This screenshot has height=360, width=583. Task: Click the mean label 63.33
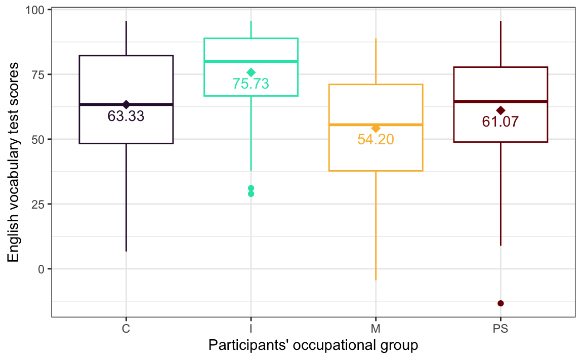(x=126, y=116)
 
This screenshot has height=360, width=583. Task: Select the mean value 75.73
(x=251, y=84)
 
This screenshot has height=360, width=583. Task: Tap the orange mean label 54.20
(x=376, y=140)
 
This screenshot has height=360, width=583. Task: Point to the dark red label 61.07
(x=501, y=122)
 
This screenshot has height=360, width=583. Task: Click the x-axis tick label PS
(x=501, y=329)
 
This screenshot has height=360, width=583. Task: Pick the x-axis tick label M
(x=376, y=329)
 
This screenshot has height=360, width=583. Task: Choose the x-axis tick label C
(x=126, y=329)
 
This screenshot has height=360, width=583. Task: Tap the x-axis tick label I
(x=251, y=329)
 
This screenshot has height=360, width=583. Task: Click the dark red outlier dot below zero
(x=501, y=303)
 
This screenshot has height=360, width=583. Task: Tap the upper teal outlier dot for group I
(x=251, y=188)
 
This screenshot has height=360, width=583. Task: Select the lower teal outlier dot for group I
(x=251, y=194)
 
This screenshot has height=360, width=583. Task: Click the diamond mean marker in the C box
(x=126, y=105)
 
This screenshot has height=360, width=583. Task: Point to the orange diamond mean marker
(x=376, y=129)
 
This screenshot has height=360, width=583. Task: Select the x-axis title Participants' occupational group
(x=313, y=346)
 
